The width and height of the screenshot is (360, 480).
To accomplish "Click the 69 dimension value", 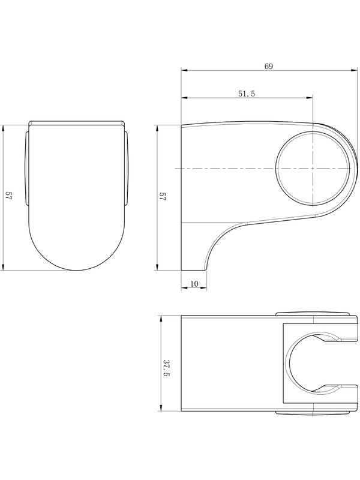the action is click(268, 66).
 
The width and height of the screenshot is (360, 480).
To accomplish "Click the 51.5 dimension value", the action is click(247, 94).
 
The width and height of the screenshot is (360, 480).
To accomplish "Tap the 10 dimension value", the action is click(194, 284).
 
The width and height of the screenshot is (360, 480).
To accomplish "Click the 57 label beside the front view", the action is click(8, 196).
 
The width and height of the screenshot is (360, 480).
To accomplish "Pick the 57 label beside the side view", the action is click(162, 196).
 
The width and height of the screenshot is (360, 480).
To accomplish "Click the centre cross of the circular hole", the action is click(313, 168).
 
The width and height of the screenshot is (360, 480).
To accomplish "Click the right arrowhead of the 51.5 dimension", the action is click(309, 98).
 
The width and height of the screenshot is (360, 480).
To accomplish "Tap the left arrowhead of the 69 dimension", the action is click(184, 70).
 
